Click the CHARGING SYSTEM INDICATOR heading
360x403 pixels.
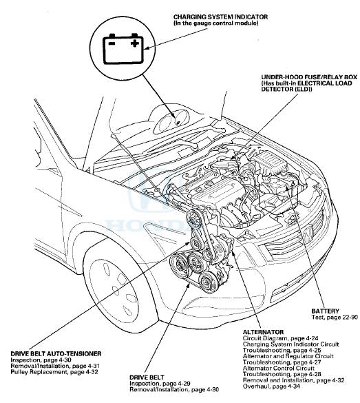(x=220, y=17)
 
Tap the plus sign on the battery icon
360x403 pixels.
(x=134, y=43)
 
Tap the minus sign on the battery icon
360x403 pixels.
(x=112, y=43)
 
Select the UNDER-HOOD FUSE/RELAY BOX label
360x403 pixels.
(x=309, y=77)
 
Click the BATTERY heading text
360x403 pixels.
(x=325, y=311)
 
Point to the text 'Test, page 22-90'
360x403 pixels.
(x=335, y=317)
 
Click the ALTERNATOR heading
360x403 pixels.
(x=263, y=332)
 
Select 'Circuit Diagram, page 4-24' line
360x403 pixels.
(x=280, y=338)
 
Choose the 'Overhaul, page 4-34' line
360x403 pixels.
(x=271, y=386)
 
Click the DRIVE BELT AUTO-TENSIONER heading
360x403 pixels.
(x=56, y=354)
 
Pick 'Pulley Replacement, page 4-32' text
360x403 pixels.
(x=54, y=372)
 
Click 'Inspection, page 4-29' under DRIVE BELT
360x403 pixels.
(x=160, y=384)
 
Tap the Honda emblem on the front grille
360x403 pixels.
(x=308, y=233)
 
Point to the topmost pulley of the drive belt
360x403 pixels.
(x=194, y=219)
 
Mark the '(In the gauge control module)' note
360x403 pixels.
(x=215, y=23)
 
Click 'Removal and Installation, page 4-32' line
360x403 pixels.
(x=293, y=380)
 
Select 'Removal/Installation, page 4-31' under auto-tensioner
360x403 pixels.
(x=55, y=366)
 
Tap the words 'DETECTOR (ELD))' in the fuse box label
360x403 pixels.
(x=286, y=89)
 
